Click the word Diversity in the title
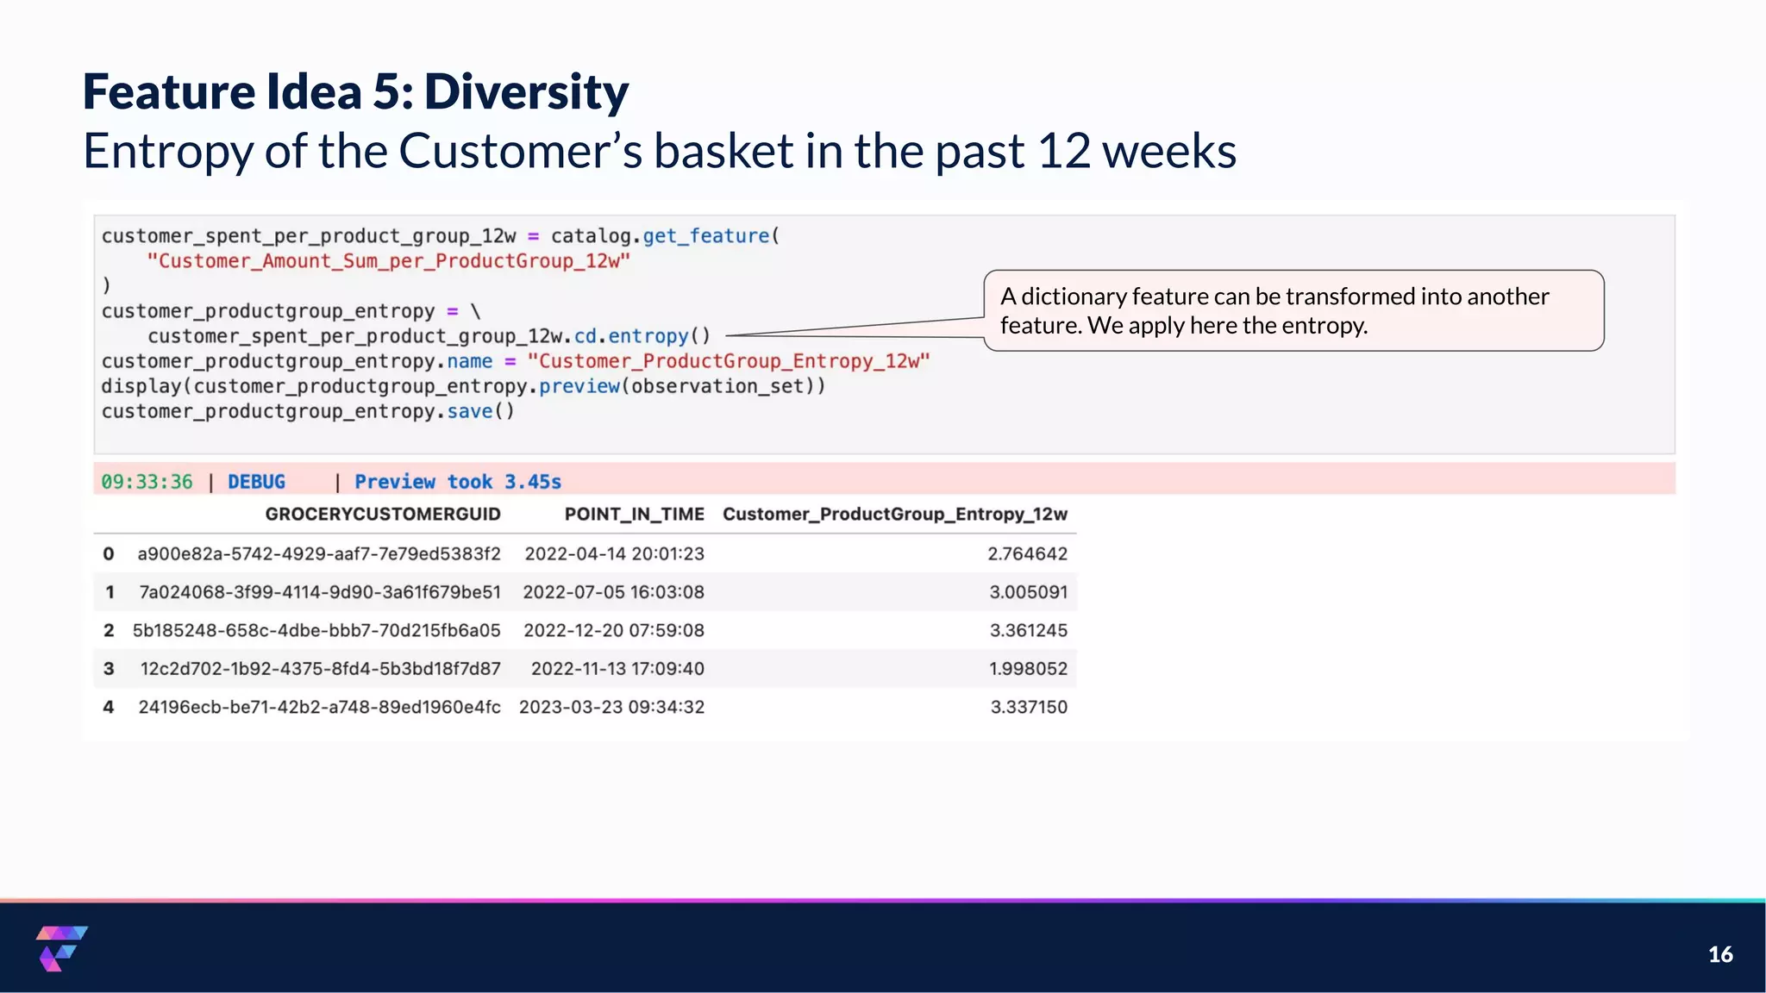click(x=526, y=92)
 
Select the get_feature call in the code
click(x=705, y=236)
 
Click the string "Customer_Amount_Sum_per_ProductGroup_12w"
click(x=388, y=261)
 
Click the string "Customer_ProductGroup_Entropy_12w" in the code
click(x=729, y=361)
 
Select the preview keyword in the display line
click(x=579, y=386)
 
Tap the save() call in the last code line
click(x=479, y=411)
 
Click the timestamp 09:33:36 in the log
click(x=147, y=482)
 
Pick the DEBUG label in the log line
click(x=256, y=482)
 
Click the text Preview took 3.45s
click(x=458, y=482)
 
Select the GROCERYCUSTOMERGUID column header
click(x=382, y=515)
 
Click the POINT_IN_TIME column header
click(x=634, y=515)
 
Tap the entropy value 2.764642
click(x=1027, y=554)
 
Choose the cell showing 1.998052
click(x=1028, y=669)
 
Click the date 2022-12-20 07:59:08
click(x=614, y=631)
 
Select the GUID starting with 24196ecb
click(x=319, y=708)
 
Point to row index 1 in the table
click(x=110, y=593)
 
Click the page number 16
click(x=1720, y=954)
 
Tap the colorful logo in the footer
click(x=61, y=948)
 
